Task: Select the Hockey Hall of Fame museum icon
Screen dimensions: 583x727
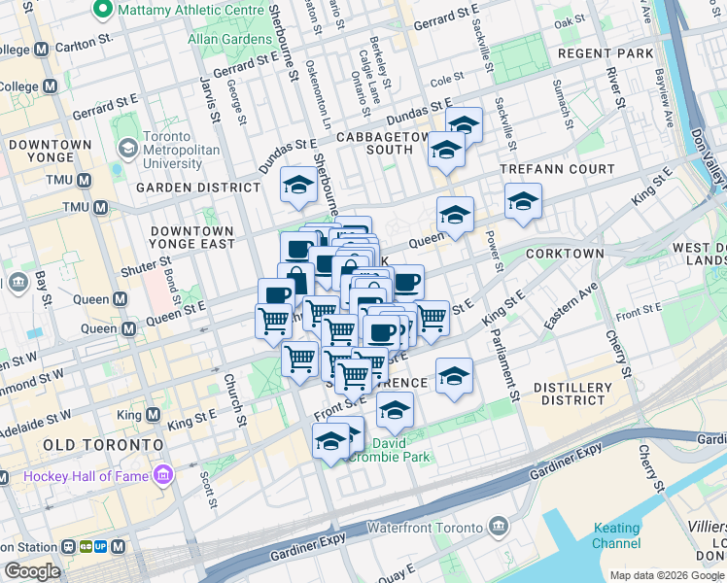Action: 163,475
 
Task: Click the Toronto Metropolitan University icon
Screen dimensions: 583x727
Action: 126,149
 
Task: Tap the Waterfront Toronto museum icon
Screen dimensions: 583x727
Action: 499,528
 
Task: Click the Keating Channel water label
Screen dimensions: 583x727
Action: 616,536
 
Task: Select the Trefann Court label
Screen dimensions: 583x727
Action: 557,169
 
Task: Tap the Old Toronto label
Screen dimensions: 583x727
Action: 102,444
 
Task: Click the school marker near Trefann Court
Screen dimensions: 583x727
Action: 523,201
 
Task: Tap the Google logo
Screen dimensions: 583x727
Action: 32,571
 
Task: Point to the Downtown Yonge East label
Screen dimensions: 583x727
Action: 192,237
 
